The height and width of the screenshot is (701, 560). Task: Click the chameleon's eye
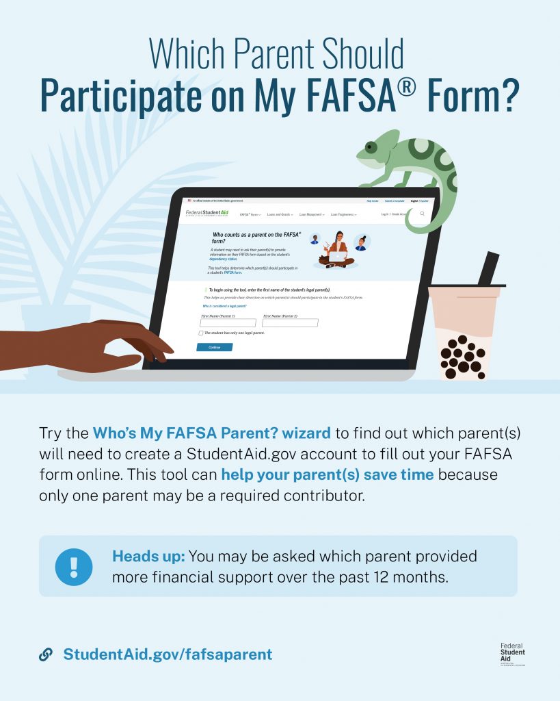click(371, 146)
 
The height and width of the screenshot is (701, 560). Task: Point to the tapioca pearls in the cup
click(462, 356)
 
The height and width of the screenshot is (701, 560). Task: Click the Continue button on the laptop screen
click(214, 347)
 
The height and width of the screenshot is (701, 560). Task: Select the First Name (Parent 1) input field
click(228, 322)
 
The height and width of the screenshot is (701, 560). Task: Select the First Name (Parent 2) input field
click(290, 322)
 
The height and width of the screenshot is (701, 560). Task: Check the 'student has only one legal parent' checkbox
click(201, 333)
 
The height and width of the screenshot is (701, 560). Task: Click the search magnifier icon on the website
click(422, 214)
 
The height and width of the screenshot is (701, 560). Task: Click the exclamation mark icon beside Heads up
click(74, 567)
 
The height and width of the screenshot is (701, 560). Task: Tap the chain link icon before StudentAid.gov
click(46, 654)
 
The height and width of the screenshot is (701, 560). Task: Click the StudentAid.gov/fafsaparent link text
click(168, 654)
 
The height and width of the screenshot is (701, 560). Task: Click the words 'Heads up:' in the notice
click(148, 556)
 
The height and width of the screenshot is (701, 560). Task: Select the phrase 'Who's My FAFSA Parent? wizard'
click(212, 433)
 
